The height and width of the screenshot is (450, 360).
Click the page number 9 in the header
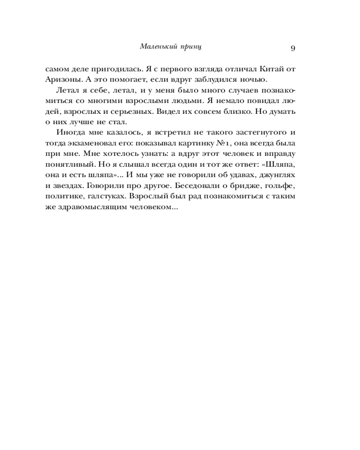click(x=292, y=48)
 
